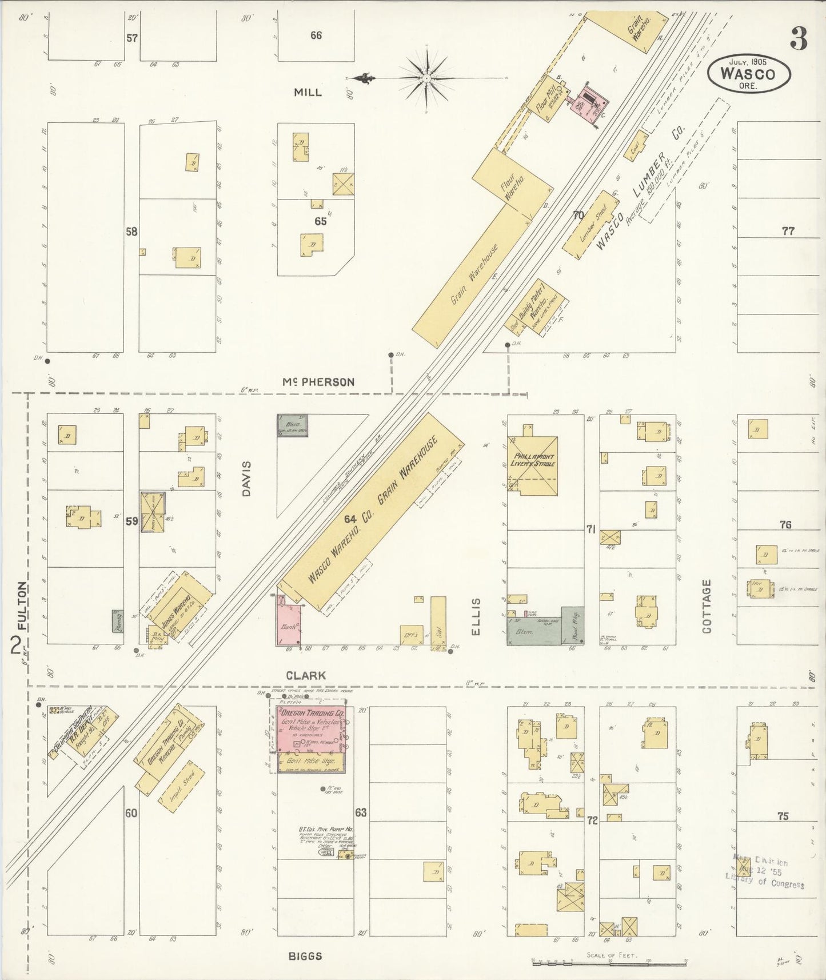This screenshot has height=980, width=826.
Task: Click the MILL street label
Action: coord(308,92)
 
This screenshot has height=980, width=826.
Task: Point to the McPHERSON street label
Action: coord(320,382)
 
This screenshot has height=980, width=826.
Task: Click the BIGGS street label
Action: coord(305,956)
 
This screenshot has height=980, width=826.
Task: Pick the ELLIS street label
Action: coord(477,617)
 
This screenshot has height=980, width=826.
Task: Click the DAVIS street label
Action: coord(247,479)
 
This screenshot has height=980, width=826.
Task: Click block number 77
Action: coord(788,231)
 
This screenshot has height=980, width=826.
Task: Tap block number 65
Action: coord(320,221)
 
